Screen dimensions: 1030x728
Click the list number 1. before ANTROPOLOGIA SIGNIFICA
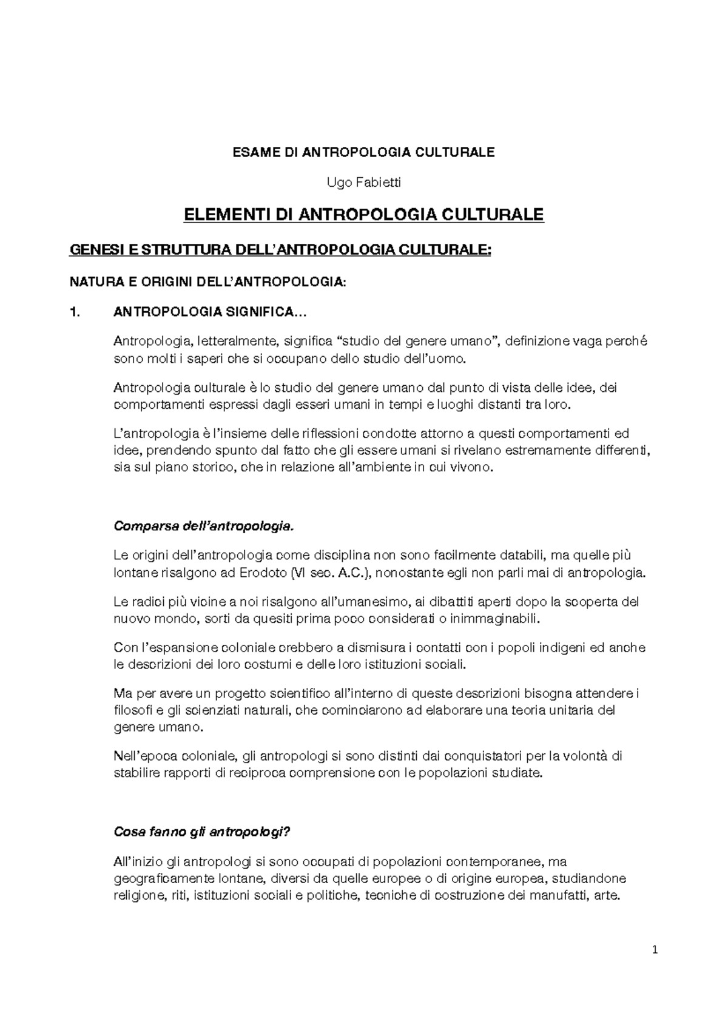click(x=75, y=313)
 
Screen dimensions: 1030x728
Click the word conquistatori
click(x=489, y=756)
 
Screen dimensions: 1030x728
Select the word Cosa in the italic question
click(x=126, y=832)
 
